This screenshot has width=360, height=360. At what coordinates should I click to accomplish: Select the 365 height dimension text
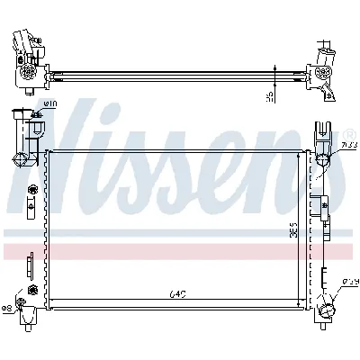(295, 229)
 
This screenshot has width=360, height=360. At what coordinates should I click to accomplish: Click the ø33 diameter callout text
(348, 146)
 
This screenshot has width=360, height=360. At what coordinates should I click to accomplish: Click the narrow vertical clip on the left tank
(29, 266)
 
